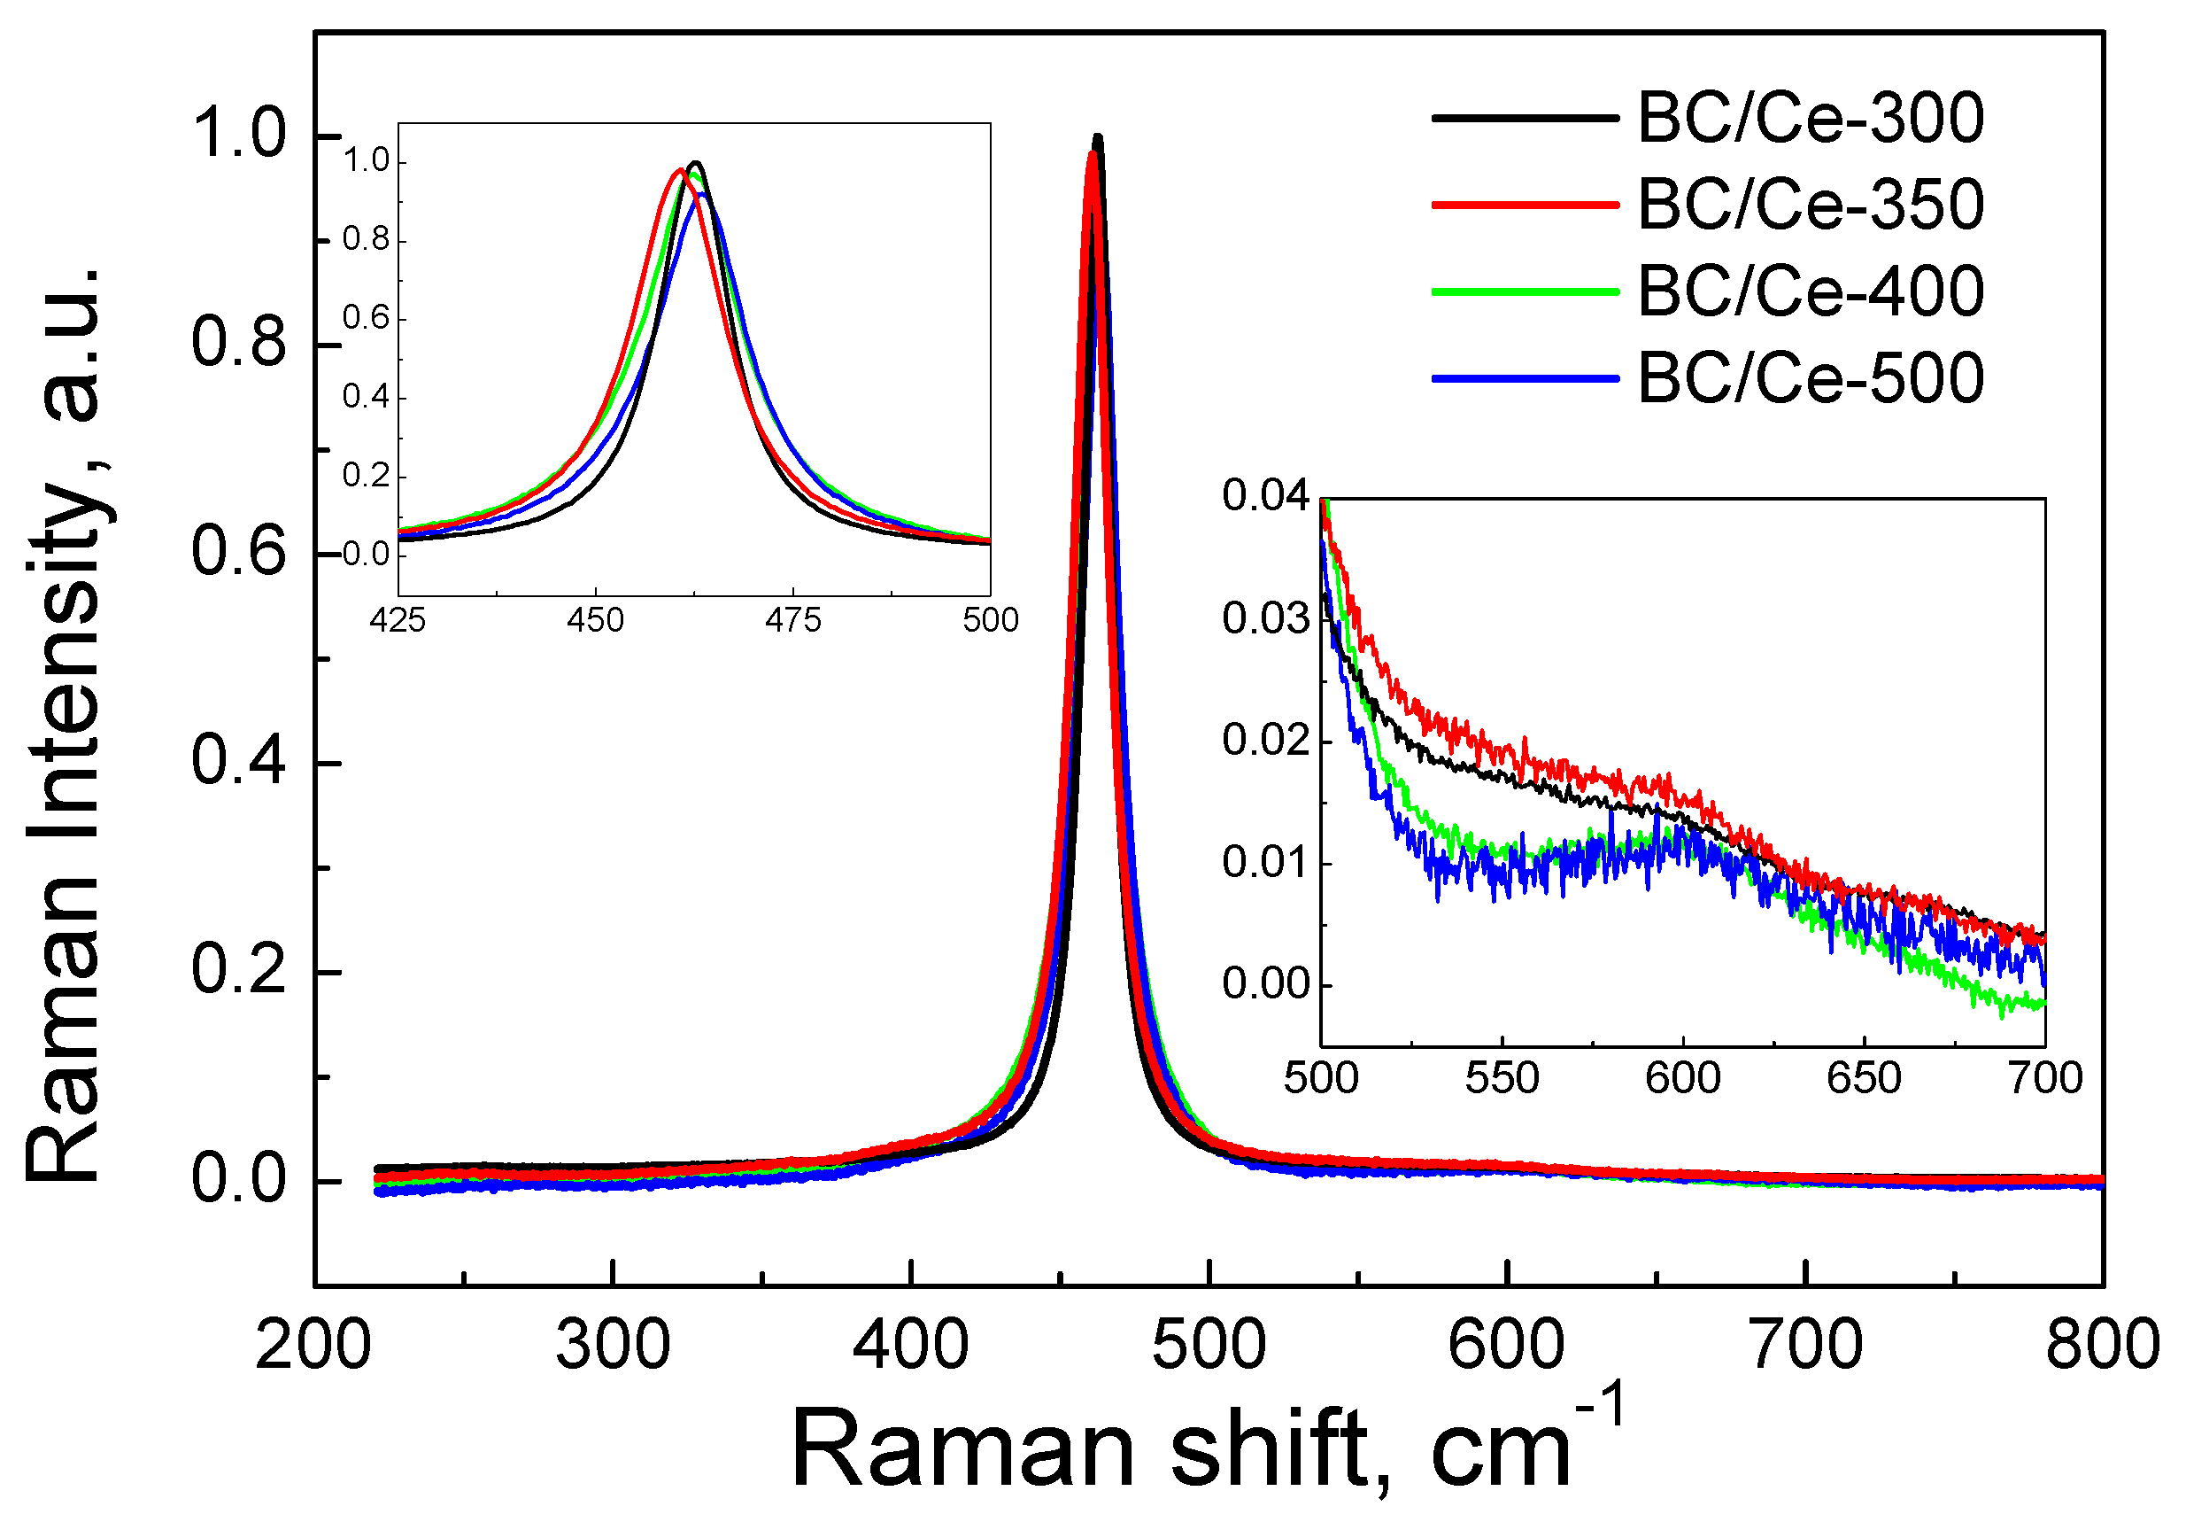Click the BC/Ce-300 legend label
click(1810, 119)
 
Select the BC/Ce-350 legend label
click(1810, 205)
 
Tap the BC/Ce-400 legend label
click(1810, 291)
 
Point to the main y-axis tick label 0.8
click(238, 344)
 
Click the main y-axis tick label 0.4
click(238, 762)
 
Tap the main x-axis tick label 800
click(2102, 1347)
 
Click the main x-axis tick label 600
click(1506, 1347)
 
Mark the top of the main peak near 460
click(1097, 139)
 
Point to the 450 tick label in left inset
click(595, 621)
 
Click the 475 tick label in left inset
click(792, 621)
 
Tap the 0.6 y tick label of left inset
click(367, 318)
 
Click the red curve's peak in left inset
click(679, 169)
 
